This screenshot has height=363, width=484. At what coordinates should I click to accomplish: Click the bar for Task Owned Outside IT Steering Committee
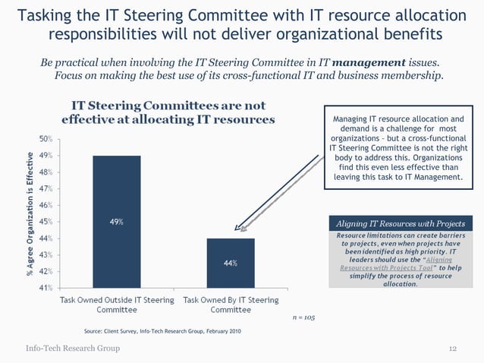point(116,221)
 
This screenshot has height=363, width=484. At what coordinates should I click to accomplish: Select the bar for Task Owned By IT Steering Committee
point(230,263)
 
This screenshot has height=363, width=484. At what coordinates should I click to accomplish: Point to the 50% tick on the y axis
point(46,139)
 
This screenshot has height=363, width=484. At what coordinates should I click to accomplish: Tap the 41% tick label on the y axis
point(46,288)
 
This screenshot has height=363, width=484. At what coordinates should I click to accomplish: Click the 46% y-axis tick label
point(46,205)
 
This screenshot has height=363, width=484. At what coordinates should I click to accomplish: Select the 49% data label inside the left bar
point(116,222)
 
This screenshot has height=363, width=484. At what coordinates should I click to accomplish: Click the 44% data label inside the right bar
point(231,263)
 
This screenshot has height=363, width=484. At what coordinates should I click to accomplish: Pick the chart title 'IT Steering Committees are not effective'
point(168,112)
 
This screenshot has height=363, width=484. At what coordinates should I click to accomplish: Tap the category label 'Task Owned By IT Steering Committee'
point(231,305)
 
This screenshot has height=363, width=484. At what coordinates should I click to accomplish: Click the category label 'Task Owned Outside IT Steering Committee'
point(117,305)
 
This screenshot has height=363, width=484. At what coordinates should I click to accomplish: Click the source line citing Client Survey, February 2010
point(162,332)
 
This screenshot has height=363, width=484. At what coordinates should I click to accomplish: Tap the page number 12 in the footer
point(452,348)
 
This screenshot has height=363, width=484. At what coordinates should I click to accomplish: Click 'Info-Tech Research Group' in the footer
point(73,348)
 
